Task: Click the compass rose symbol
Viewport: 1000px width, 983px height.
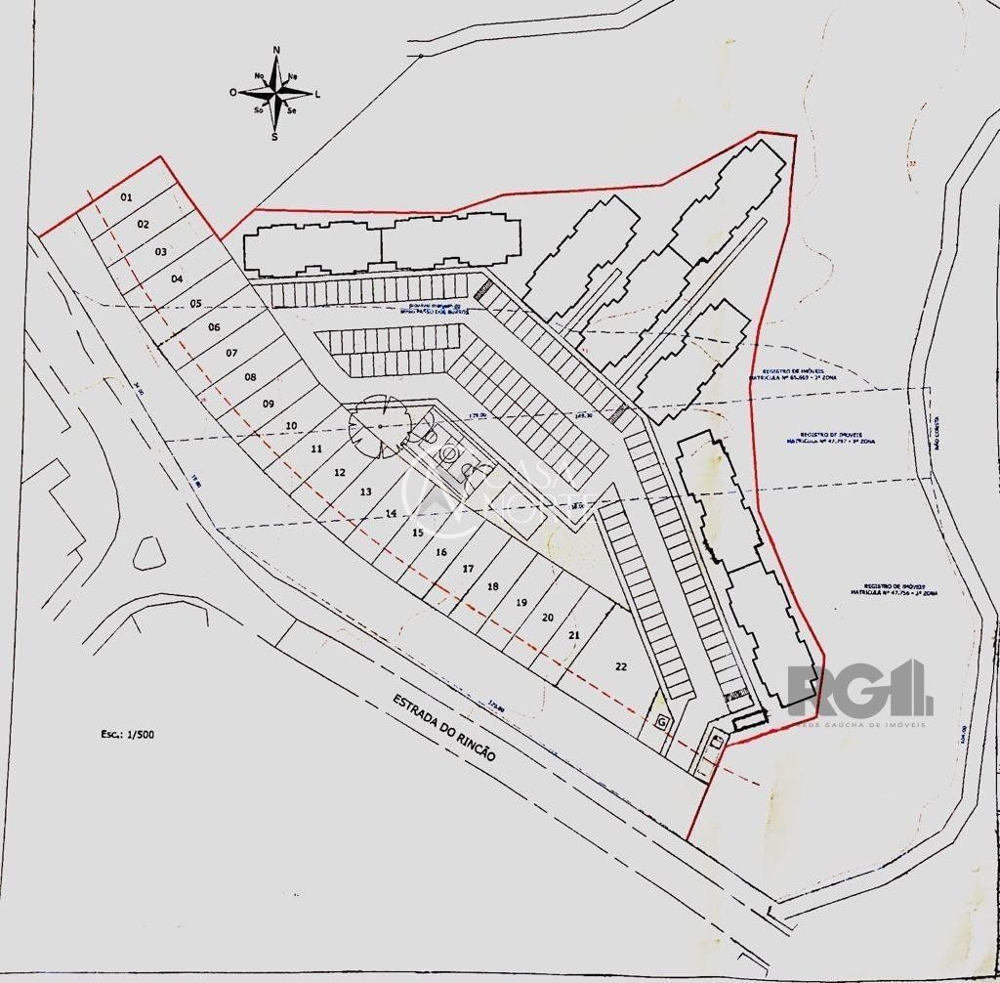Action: (276, 93)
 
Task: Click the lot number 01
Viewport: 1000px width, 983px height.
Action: (126, 197)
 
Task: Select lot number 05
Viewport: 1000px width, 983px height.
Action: (195, 304)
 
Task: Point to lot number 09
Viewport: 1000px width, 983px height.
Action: (269, 403)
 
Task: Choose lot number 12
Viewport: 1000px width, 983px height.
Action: (340, 472)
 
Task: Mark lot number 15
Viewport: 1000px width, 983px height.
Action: (417, 533)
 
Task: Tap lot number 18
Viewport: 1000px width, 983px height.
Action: (493, 585)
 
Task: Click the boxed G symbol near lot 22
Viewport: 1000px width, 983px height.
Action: (661, 721)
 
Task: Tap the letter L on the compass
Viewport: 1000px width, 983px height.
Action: (317, 94)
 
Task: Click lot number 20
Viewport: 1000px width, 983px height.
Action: (548, 617)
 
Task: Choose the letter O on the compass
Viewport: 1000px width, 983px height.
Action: (233, 93)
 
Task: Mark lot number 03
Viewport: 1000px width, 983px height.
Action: (161, 251)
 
